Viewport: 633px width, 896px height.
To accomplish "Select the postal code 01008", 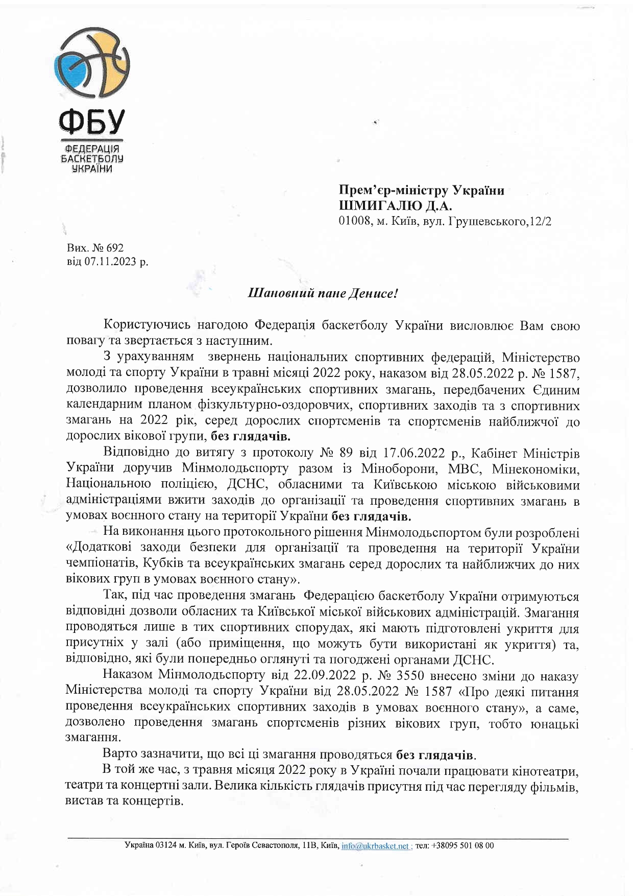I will pyautogui.click(x=355, y=222).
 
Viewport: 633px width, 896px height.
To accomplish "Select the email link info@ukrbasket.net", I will pyautogui.click(x=375, y=845).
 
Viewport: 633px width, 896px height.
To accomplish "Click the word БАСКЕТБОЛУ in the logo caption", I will pyautogui.click(x=92, y=158).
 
